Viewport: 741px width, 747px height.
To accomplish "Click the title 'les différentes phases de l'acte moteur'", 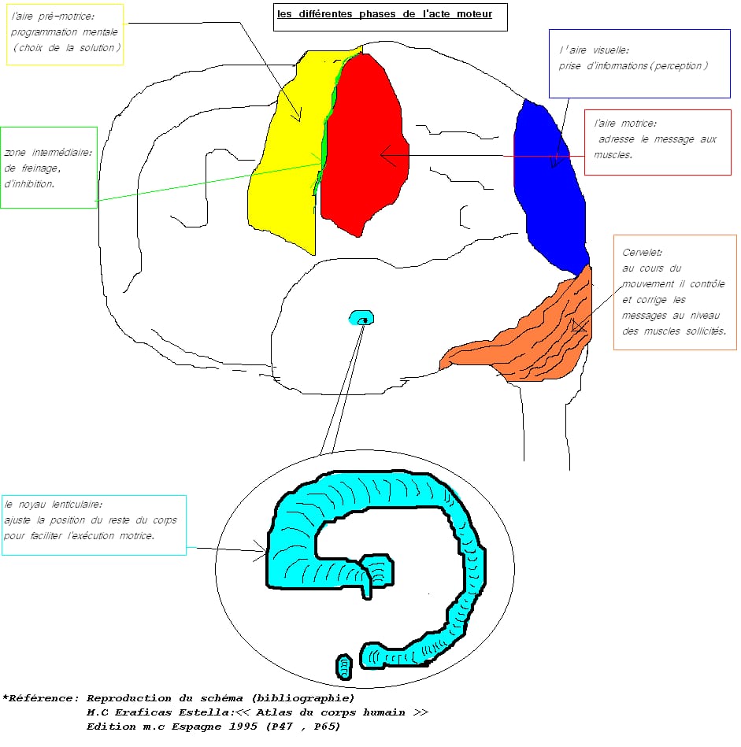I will (384, 15).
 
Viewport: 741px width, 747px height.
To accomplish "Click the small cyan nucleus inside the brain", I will (361, 318).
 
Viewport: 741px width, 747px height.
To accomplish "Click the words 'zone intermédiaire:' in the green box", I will (48, 153).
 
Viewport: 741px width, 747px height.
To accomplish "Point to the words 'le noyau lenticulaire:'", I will (54, 504).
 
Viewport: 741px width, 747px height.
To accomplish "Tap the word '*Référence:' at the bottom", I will (41, 698).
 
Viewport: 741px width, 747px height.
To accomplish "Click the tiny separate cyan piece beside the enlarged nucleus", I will (343, 666).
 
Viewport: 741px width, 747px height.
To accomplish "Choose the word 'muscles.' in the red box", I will (613, 155).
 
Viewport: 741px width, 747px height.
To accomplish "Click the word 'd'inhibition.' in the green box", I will (29, 184).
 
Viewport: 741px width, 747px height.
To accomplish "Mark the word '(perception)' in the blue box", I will (679, 66).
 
